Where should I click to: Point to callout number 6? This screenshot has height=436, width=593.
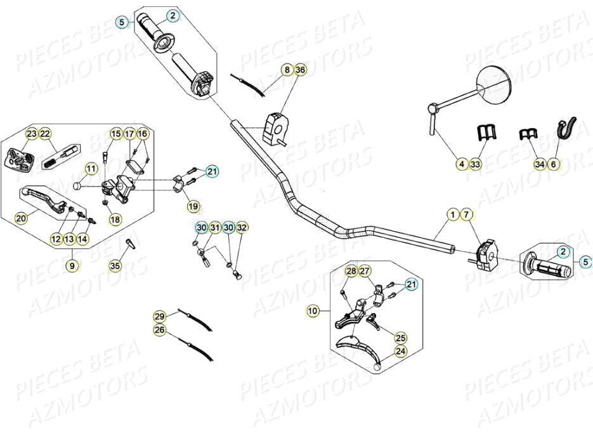click(x=554, y=164)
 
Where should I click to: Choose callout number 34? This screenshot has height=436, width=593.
click(x=540, y=164)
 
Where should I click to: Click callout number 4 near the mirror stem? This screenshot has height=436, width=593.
click(x=462, y=164)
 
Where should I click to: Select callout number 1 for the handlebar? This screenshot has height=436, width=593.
click(x=452, y=215)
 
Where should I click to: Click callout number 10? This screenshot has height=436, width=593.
click(x=312, y=310)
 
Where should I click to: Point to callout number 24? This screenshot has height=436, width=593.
click(x=400, y=351)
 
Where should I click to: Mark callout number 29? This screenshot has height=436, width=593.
click(x=159, y=316)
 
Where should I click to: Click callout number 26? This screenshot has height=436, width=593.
click(x=159, y=329)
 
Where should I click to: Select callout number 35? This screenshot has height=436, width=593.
click(x=115, y=266)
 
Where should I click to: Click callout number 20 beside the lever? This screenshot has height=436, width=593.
click(x=21, y=218)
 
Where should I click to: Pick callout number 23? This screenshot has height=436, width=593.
click(x=31, y=133)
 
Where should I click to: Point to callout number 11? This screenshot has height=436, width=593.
click(x=91, y=169)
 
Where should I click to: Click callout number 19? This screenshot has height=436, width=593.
click(x=192, y=206)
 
